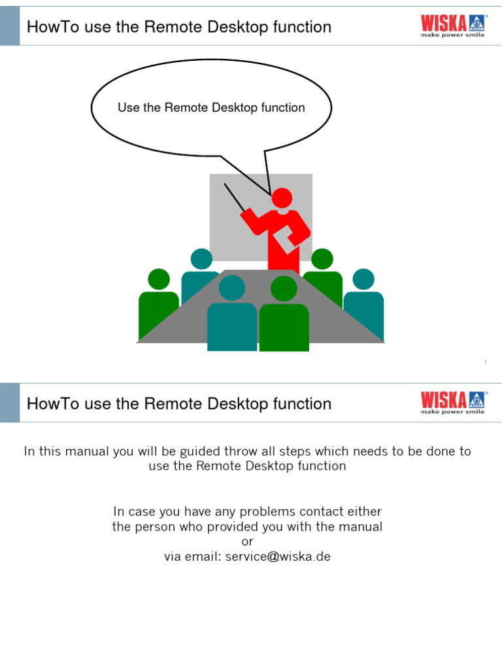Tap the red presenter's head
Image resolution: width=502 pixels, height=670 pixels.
tap(282, 198)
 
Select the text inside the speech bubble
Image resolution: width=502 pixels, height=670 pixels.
tap(211, 108)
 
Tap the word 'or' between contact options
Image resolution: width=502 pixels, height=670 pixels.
tap(247, 542)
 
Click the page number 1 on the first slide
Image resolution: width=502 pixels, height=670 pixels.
tap(486, 362)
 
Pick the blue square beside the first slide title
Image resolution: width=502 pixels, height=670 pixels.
tap(10, 27)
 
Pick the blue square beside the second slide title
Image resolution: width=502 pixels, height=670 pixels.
tap(10, 403)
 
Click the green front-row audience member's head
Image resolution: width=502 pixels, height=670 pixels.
tap(284, 289)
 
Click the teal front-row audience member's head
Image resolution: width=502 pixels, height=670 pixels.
tap(231, 288)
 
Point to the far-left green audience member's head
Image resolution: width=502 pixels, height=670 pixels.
tap(159, 279)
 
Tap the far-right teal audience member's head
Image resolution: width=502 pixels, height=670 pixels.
tap(363, 279)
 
